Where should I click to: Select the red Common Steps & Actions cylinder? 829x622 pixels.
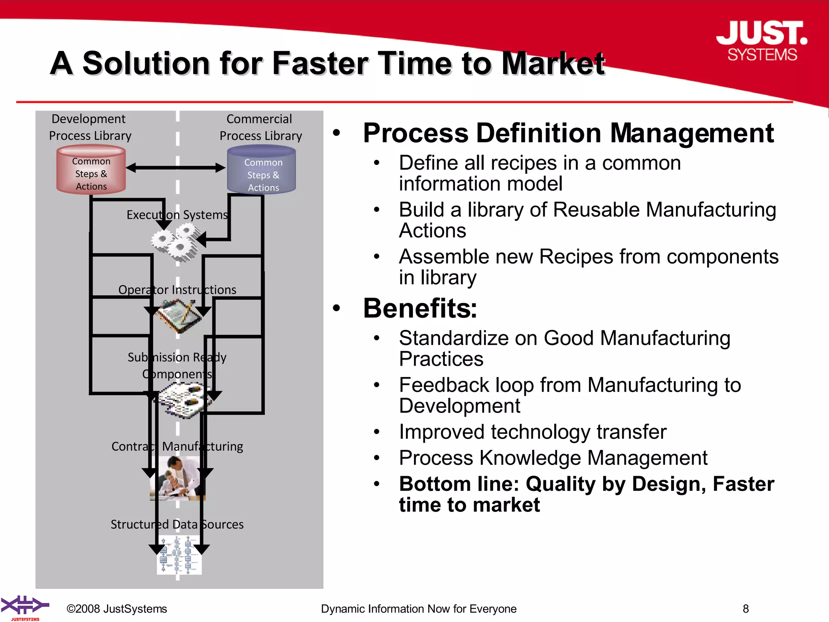pyautogui.click(x=91, y=170)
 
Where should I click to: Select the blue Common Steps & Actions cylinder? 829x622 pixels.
pyautogui.click(x=262, y=170)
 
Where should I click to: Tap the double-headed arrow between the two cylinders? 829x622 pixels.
pyautogui.click(x=176, y=168)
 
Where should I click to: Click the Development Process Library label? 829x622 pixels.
pyautogui.click(x=90, y=127)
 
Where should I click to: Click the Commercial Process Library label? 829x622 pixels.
pyautogui.click(x=260, y=127)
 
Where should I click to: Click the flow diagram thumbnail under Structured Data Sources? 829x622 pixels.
pyautogui.click(x=179, y=555)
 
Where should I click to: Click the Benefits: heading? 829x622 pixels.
pyautogui.click(x=420, y=309)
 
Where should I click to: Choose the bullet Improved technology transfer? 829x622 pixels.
pyautogui.click(x=532, y=432)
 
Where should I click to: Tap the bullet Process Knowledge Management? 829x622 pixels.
pyautogui.click(x=553, y=458)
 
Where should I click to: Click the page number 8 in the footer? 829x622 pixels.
pyautogui.click(x=746, y=609)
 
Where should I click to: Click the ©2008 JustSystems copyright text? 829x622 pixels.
pyautogui.click(x=117, y=609)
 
